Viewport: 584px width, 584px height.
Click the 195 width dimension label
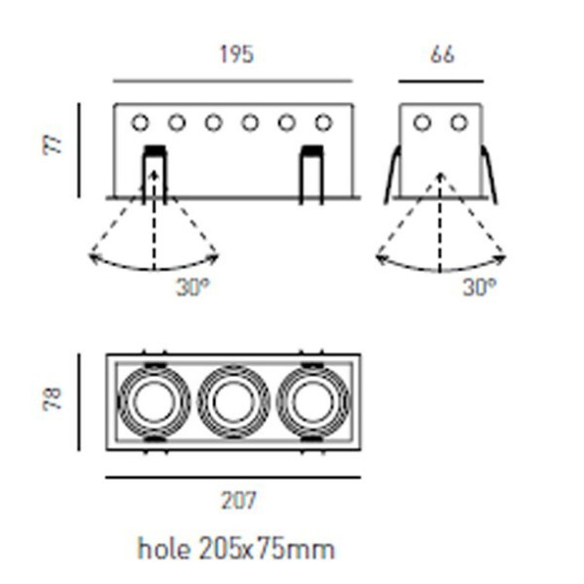[x=235, y=55]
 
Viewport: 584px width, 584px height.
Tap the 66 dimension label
[x=442, y=55]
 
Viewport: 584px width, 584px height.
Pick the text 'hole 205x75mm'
[x=235, y=548]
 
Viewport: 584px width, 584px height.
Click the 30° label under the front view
[x=192, y=288]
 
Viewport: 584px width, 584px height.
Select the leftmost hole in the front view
[x=140, y=123]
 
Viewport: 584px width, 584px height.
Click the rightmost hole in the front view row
[x=323, y=123]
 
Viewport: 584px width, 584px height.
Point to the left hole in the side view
[x=422, y=123]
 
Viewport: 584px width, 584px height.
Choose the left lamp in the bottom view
[x=153, y=402]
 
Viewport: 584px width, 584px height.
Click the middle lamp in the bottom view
[x=233, y=402]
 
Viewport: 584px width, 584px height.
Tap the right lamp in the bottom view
[x=313, y=402]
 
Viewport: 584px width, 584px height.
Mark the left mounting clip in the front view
[x=154, y=174]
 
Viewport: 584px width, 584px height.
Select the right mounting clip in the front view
[x=310, y=174]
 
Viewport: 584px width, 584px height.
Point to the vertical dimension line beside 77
[x=78, y=149]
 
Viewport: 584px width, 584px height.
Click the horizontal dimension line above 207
[x=233, y=477]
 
